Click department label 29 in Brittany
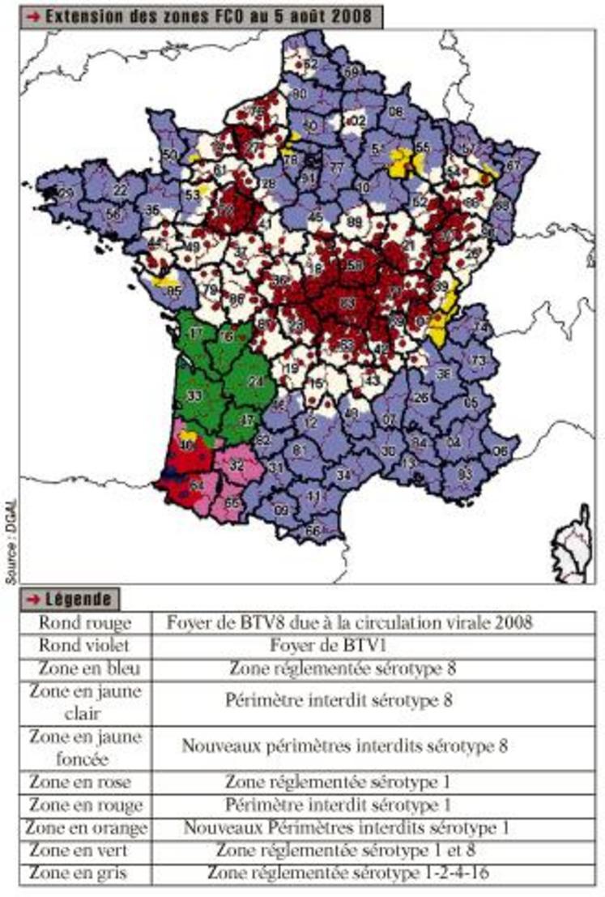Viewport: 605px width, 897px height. click(x=66, y=192)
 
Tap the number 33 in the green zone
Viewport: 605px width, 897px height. click(x=194, y=395)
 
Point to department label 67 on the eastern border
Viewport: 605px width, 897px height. click(x=513, y=164)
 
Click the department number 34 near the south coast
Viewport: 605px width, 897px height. click(x=343, y=473)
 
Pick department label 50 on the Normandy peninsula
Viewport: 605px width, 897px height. click(x=169, y=154)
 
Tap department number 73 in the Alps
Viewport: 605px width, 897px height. click(x=479, y=360)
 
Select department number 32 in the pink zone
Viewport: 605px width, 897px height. click(x=236, y=466)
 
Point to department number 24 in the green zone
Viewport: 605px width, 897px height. click(x=257, y=381)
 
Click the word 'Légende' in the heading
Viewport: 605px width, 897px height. click(x=80, y=599)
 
